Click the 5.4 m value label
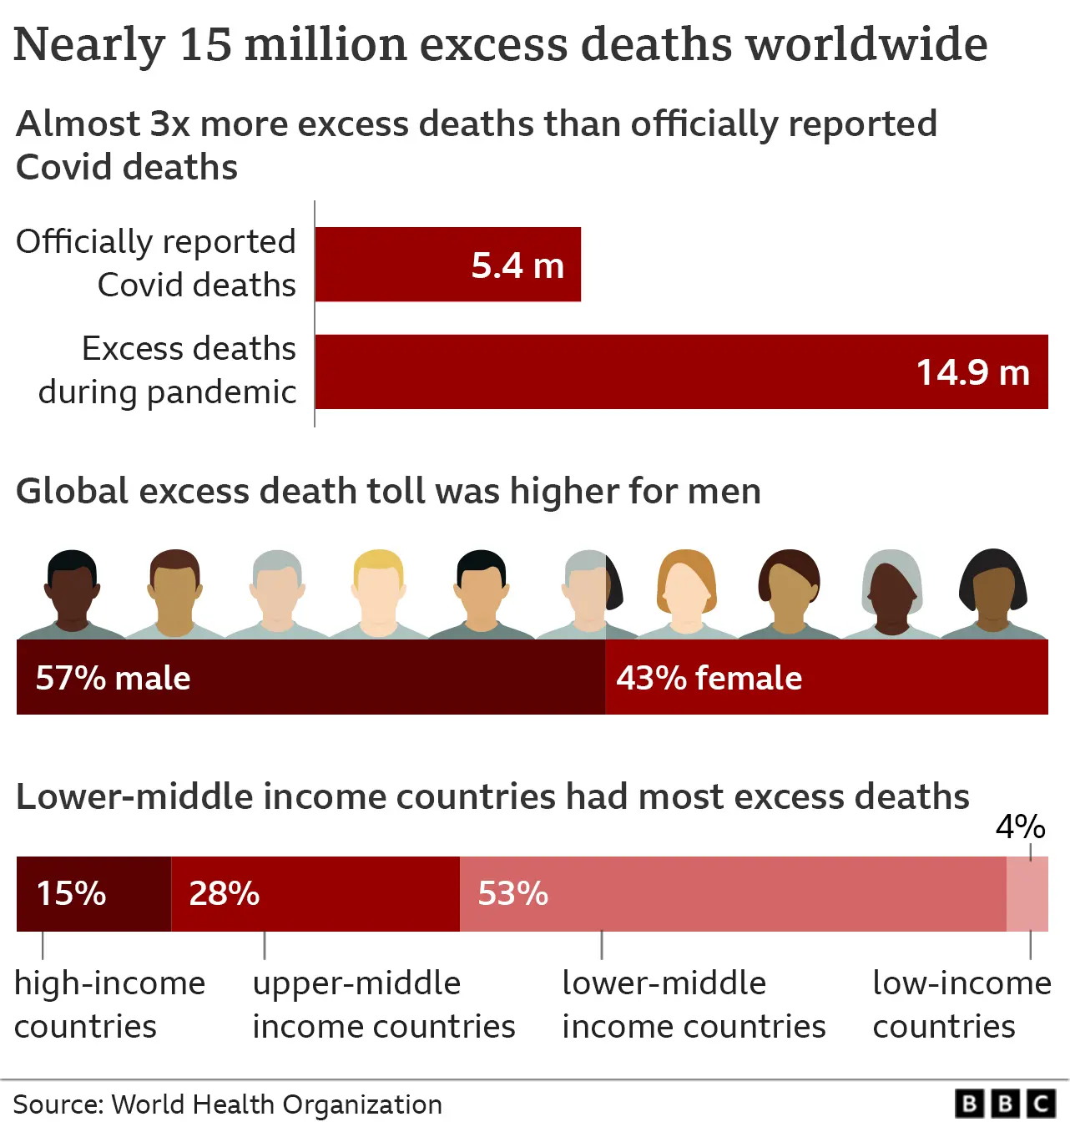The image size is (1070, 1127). point(517,265)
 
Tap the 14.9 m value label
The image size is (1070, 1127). point(972,372)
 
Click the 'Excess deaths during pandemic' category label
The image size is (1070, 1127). point(167,370)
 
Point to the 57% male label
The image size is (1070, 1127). point(113,678)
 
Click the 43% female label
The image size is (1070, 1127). point(709,678)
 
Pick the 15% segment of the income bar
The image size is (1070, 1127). point(93,893)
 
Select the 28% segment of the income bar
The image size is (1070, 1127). point(315,893)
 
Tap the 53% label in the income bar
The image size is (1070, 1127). point(512,893)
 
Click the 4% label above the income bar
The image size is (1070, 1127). point(1020,826)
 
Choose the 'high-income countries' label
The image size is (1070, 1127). point(109,1004)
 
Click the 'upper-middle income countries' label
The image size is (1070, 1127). point(383,1004)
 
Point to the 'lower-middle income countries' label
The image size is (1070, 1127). point(693,1004)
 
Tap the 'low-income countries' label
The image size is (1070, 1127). point(961,1004)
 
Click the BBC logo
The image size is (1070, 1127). point(1005,1104)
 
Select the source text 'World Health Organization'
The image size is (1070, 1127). point(276,1104)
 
